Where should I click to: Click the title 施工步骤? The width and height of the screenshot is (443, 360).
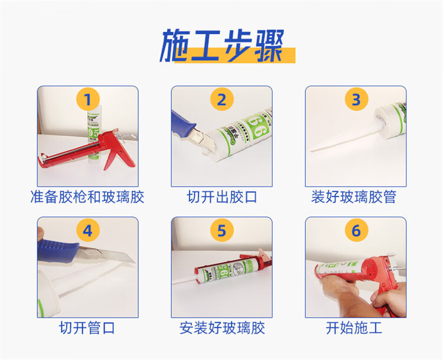click(x=222, y=46)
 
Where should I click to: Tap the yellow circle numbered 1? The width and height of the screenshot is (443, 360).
click(x=88, y=99)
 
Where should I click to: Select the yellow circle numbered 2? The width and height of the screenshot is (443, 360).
click(x=221, y=99)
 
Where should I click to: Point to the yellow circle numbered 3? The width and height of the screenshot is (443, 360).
click(x=356, y=99)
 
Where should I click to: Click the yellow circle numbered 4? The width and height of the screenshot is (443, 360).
click(x=88, y=230)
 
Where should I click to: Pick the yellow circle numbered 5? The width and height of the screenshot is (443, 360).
click(x=221, y=230)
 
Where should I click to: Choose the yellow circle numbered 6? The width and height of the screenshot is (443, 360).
click(x=356, y=230)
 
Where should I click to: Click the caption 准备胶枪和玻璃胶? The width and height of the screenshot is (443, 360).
click(x=87, y=197)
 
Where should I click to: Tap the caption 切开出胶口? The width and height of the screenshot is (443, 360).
click(x=221, y=197)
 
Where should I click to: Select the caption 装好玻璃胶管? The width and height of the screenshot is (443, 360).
click(x=354, y=197)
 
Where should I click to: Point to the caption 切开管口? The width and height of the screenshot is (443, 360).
click(x=87, y=328)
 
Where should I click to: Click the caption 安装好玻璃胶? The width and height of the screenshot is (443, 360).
click(x=222, y=328)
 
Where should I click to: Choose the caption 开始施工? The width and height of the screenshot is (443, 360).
click(x=354, y=328)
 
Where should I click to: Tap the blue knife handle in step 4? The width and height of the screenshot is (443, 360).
click(x=58, y=250)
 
